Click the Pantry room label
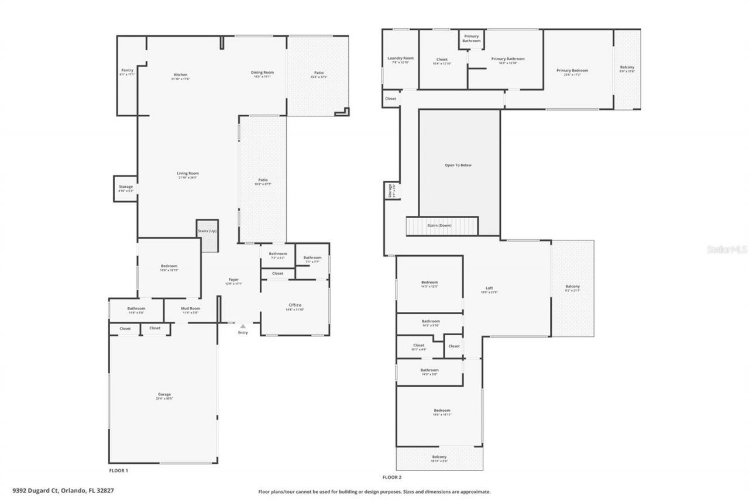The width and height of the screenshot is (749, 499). (127, 70)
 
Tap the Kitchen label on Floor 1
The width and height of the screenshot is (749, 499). (180, 75)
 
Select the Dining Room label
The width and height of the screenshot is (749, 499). (263, 73)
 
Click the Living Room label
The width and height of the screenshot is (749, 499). (188, 173)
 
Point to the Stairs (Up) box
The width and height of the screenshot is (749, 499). (207, 231)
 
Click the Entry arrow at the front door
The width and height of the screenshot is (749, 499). (243, 326)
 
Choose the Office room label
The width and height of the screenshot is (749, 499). (294, 305)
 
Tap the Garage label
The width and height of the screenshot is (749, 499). (164, 394)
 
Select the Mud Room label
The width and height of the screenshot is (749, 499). (191, 308)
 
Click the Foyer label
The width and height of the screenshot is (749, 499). (233, 280)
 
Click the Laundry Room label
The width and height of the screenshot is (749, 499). (400, 58)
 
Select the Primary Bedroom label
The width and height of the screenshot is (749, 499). (572, 71)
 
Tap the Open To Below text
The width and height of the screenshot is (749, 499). (458, 165)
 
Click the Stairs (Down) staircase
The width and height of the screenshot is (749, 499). (442, 225)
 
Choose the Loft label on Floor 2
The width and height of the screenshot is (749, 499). (489, 288)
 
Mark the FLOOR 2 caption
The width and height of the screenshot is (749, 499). (392, 477)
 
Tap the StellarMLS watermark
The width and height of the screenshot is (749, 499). (727, 249)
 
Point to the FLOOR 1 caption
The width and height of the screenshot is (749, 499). (118, 470)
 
